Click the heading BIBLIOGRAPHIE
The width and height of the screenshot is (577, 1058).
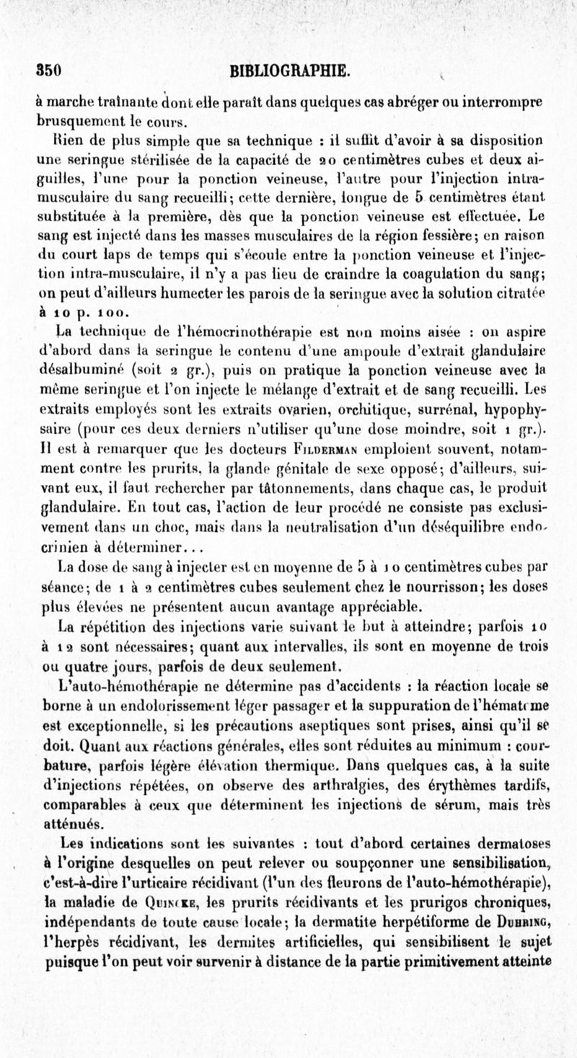(x=288, y=71)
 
